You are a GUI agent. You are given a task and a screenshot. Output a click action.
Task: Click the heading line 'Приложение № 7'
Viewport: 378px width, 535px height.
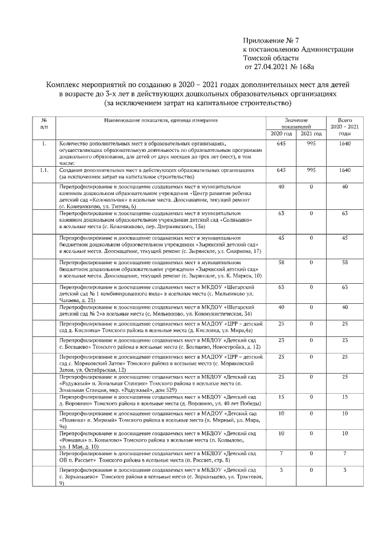coord(272,40)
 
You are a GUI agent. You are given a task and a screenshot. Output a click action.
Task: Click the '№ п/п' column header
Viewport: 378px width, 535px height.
coord(44,123)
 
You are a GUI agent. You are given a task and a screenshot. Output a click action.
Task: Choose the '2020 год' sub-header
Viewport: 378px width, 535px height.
coord(281,134)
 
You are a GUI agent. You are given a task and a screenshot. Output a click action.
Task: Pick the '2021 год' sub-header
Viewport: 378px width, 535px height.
coord(311,134)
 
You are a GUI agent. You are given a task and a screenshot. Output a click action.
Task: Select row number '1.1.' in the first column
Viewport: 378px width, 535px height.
coord(44,170)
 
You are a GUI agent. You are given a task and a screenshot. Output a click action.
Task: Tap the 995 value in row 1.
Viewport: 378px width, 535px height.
coord(311,144)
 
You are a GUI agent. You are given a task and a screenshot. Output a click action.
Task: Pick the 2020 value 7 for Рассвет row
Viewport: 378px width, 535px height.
coord(281,453)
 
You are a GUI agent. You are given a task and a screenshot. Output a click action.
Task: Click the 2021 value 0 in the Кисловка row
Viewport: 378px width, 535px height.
coord(311,324)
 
